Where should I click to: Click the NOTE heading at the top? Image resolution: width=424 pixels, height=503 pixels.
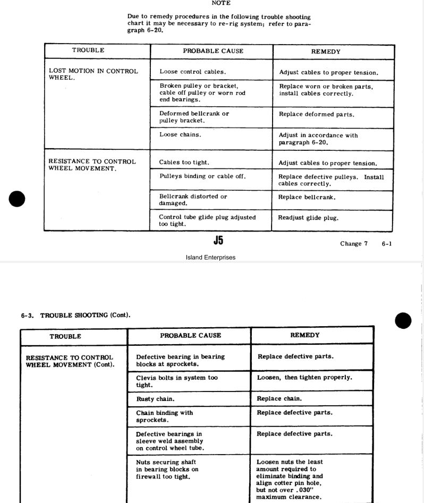point(221,3)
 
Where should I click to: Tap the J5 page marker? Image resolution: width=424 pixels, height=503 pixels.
point(218,241)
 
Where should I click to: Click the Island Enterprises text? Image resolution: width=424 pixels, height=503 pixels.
point(210,258)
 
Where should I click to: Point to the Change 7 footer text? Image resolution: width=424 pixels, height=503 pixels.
point(354,244)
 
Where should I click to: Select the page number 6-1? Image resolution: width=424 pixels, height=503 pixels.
point(386,244)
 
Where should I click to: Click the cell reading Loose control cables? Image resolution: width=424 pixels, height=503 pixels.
point(192,72)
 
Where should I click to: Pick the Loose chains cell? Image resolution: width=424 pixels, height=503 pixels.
point(180,135)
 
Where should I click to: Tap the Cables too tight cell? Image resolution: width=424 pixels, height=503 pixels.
point(184,163)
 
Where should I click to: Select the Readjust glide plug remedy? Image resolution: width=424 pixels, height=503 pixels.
point(308,218)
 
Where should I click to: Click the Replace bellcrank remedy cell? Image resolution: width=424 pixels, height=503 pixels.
point(307,197)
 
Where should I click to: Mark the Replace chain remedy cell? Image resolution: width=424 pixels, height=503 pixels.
point(279,398)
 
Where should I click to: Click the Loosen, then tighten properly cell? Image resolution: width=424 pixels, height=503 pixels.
point(304,378)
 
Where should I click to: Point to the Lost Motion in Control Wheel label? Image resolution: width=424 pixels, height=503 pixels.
point(93,74)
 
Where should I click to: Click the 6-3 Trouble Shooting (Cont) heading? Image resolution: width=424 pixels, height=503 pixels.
point(75,315)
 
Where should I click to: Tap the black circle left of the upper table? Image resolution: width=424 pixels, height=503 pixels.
point(17,199)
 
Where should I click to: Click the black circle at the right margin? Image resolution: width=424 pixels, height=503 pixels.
point(403,320)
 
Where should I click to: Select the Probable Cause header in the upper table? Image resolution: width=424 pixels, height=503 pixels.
point(213,51)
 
